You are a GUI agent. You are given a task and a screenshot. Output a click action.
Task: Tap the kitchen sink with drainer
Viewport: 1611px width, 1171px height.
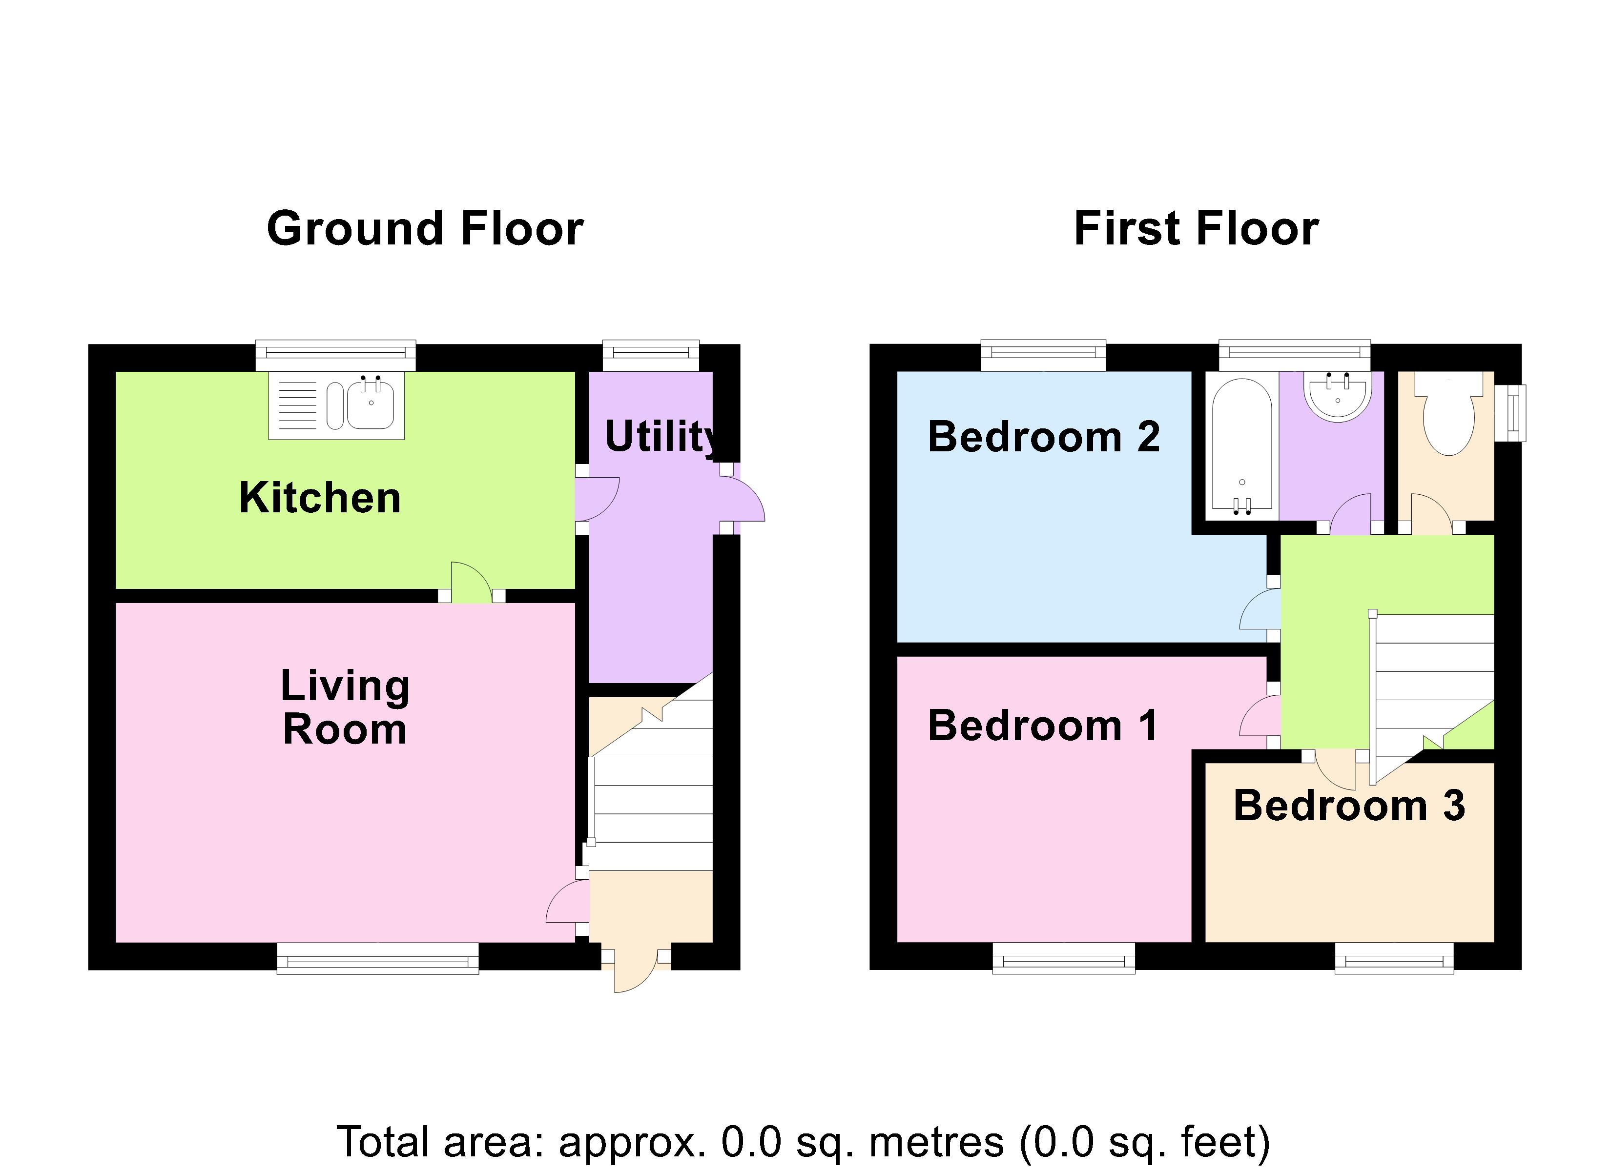coord(336,405)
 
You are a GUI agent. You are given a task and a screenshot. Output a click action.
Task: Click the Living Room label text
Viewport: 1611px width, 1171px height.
coord(345,707)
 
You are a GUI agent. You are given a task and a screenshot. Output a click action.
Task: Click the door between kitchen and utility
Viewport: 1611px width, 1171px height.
coord(595,499)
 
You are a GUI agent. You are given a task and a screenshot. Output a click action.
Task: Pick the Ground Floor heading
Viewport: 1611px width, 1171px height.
coord(425,229)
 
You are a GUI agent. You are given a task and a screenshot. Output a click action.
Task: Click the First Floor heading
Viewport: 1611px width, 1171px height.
coord(1196,229)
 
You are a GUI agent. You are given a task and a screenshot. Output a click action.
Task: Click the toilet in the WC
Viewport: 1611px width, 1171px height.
coord(1449,419)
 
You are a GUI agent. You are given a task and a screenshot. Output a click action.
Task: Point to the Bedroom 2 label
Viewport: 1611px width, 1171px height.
coord(1043,436)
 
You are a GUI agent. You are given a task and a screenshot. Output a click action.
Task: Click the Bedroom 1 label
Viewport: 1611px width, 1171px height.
coord(1043,726)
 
